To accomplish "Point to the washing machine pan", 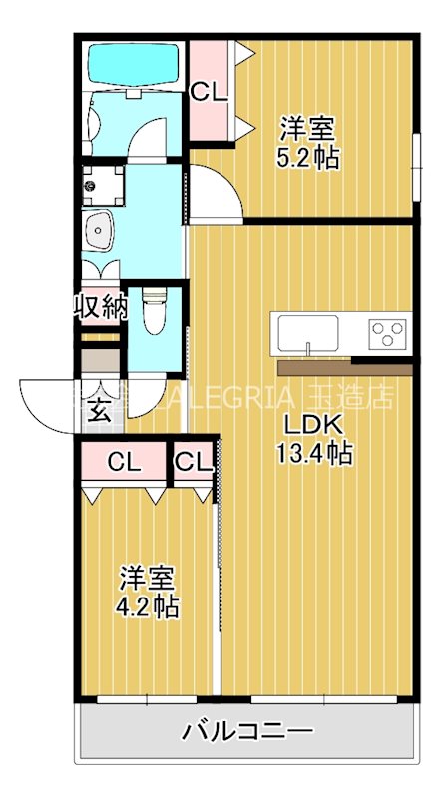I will tap(102, 185).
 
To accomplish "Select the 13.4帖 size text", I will tap(313, 454).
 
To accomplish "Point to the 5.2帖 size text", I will tap(306, 157).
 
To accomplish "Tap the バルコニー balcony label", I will tap(246, 734).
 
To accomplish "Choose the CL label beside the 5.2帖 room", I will tap(210, 92).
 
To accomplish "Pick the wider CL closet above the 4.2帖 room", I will tap(125, 462).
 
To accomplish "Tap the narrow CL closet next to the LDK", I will tap(193, 462).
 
